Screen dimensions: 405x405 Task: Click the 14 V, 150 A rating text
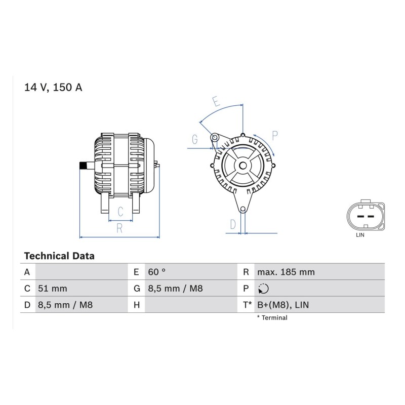point(53,87)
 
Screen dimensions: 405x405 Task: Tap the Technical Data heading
point(59,256)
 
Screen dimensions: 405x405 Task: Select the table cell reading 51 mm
point(53,288)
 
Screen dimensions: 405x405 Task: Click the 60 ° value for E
point(156,272)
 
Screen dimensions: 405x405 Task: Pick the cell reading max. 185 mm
point(286,272)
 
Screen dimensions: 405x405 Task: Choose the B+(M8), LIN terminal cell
point(283,305)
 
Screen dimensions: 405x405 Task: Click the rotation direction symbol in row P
point(263,289)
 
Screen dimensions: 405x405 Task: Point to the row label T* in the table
point(247,305)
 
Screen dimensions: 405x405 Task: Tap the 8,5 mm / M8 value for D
point(65,305)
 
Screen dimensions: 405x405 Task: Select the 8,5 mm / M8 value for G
point(175,288)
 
